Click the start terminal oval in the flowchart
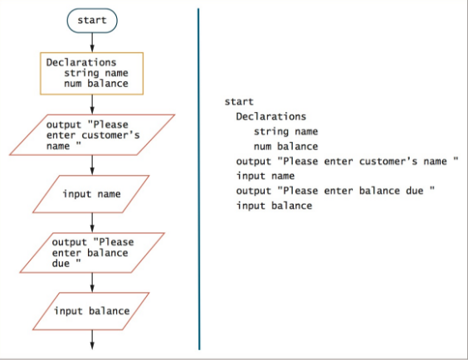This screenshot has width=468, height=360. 91,19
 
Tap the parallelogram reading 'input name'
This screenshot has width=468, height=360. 91,194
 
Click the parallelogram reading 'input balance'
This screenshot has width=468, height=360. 91,311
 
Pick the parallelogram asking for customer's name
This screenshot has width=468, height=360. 91,134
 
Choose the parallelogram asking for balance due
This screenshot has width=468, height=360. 91,252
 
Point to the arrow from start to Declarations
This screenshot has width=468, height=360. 91,42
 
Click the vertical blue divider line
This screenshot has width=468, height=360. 199,178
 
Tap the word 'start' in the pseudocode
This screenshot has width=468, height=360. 239,102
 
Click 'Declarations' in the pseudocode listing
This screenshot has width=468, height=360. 271,117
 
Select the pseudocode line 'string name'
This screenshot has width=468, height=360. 285,131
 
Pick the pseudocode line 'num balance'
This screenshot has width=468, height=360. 285,146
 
